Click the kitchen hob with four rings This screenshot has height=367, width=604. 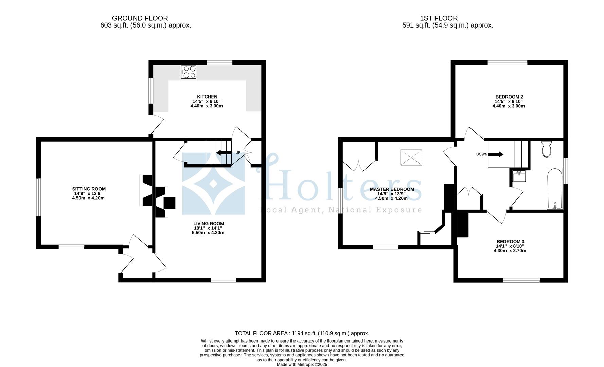189,72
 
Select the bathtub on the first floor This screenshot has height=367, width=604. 555,188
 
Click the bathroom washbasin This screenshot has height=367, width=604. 519,176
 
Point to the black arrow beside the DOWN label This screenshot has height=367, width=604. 496,154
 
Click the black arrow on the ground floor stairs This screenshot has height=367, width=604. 224,152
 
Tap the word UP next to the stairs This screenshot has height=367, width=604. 238,153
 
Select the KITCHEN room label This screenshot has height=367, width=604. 207,97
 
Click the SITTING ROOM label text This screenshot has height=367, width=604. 89,189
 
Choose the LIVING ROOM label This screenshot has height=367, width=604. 209,224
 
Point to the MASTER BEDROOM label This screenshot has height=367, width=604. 392,189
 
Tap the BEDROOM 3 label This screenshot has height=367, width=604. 510,242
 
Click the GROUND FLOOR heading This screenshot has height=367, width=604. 140,18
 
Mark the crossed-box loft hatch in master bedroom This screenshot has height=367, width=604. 411,157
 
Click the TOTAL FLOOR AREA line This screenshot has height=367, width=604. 302,333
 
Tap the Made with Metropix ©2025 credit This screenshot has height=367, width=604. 302,364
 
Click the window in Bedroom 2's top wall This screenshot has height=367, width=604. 507,63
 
